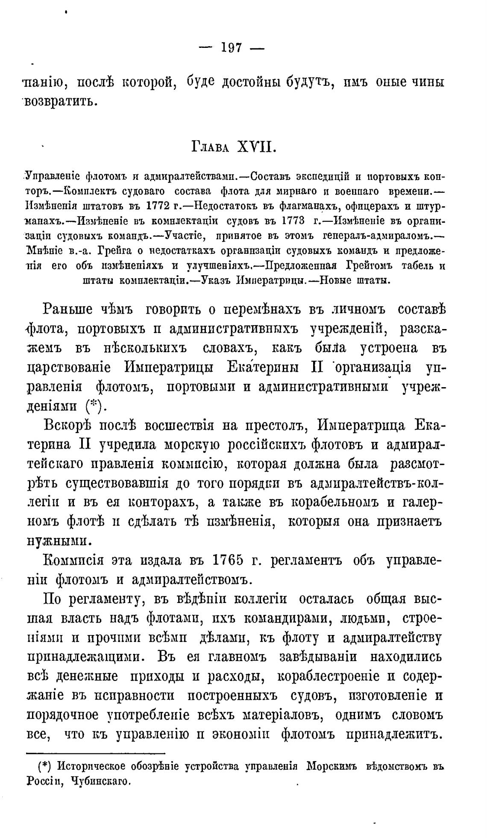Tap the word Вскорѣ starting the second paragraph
click(x=71, y=426)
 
